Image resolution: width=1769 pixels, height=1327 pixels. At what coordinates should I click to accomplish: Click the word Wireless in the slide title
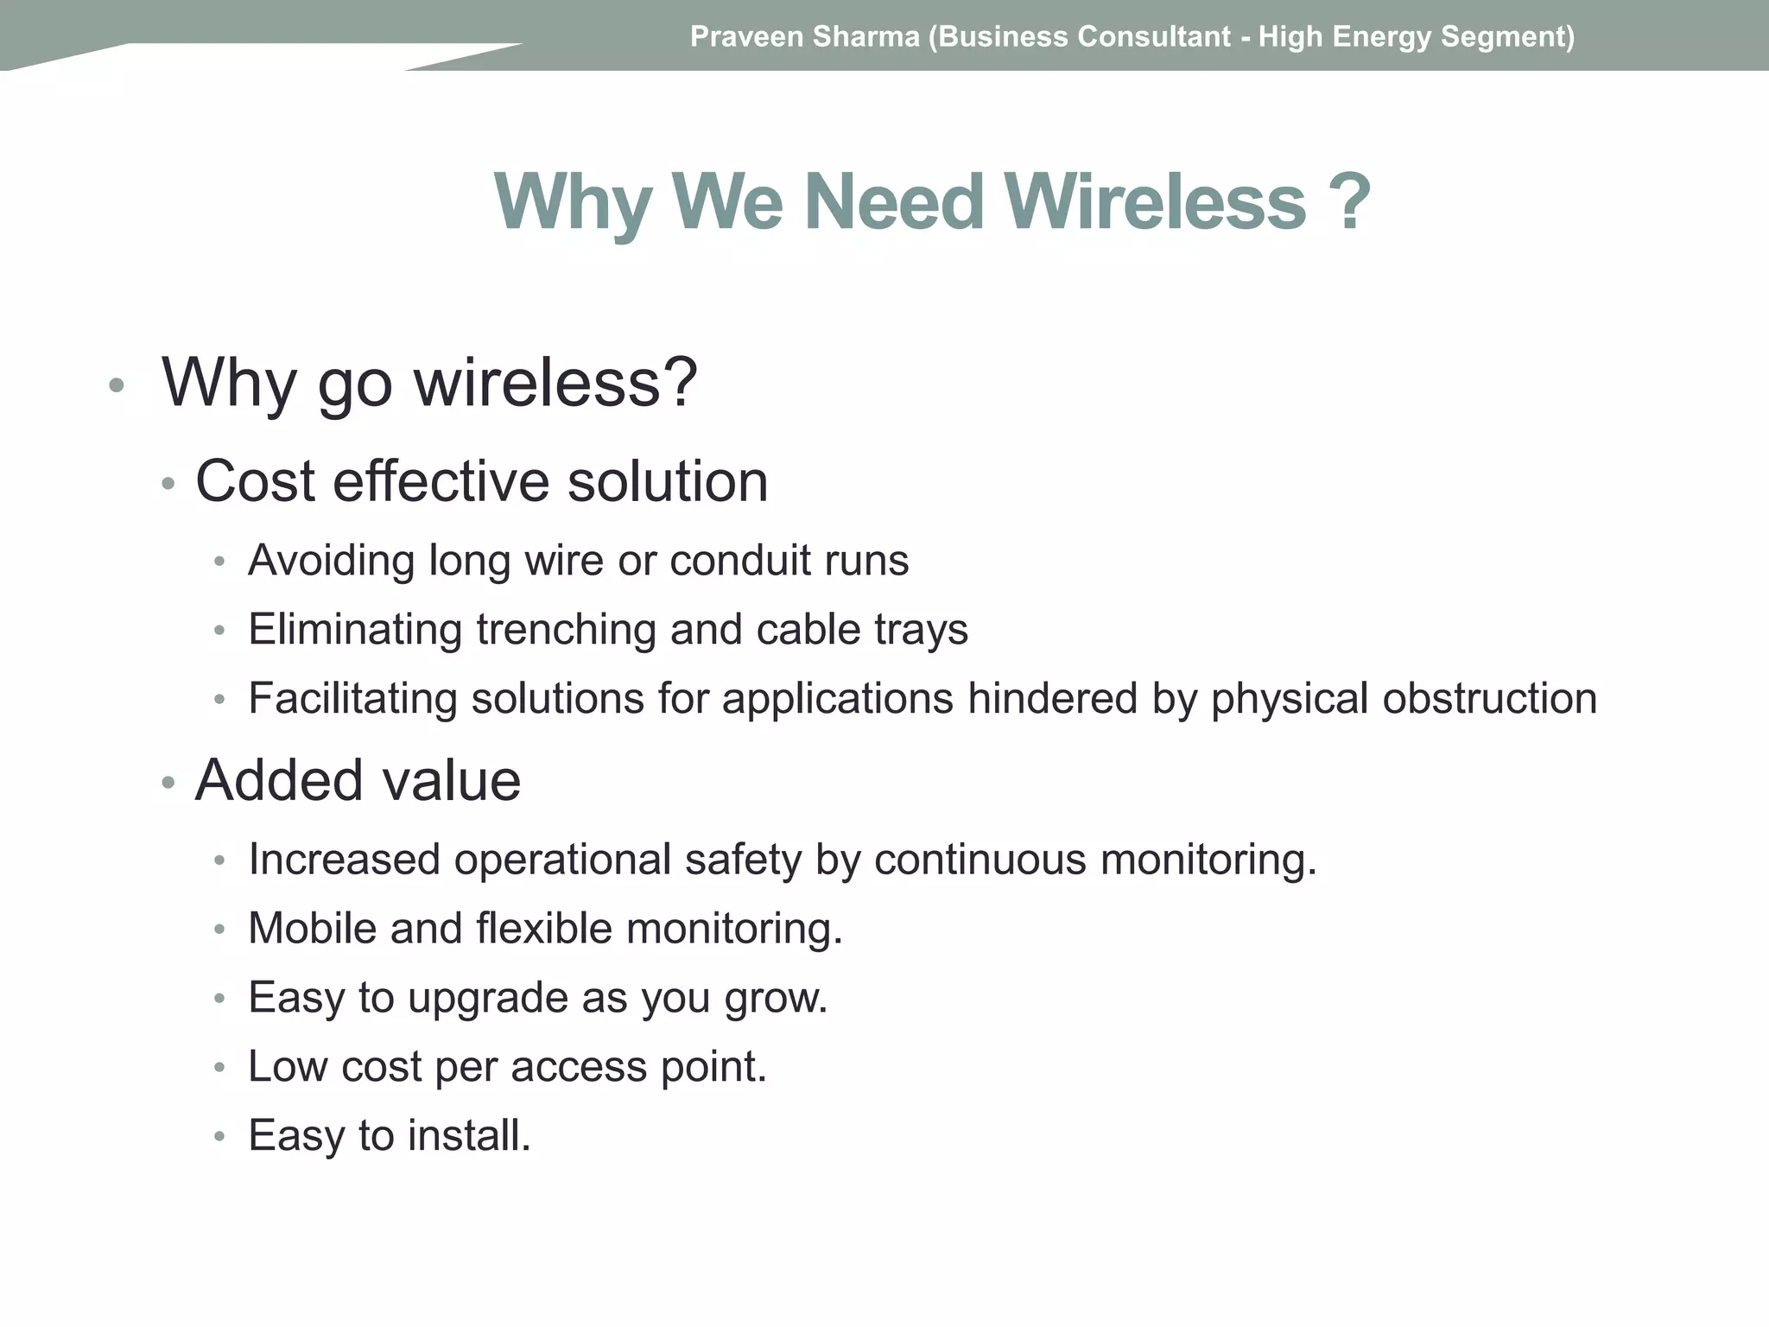1155,202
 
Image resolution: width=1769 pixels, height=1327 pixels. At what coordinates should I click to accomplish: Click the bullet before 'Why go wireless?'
117,385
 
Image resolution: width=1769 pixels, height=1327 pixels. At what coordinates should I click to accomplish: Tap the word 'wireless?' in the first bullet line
555,382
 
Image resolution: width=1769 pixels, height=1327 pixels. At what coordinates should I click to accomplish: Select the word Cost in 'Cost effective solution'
255,481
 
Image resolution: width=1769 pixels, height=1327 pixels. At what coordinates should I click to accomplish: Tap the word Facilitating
352,698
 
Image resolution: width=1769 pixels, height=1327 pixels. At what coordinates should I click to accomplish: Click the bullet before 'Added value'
168,784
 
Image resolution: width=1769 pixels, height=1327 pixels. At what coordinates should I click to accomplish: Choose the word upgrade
488,999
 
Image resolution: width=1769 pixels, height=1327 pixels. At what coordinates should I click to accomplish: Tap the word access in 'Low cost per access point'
579,1067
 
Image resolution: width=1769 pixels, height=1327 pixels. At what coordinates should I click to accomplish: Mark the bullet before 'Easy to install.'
219,1137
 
